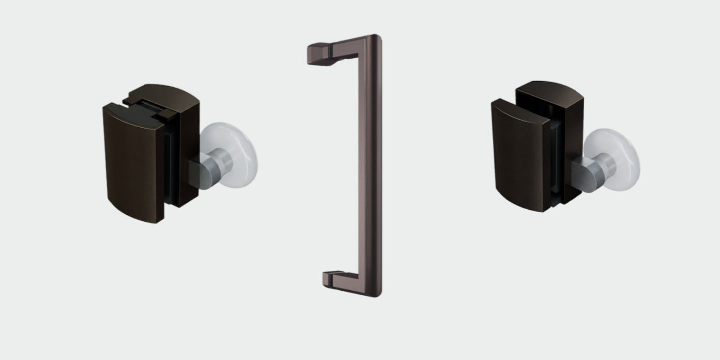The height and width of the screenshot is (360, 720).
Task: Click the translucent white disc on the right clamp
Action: tap(618, 150)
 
